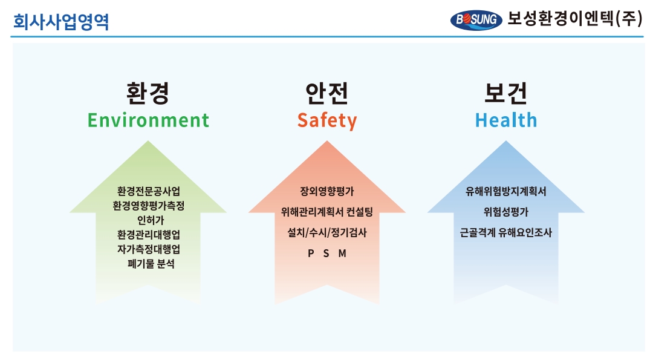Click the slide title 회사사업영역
[x=61, y=22]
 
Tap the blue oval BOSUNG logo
[x=476, y=20]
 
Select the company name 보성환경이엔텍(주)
[x=575, y=19]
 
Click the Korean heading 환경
[x=148, y=93]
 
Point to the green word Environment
[x=148, y=120]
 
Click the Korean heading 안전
[x=327, y=93]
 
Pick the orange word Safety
[x=327, y=121]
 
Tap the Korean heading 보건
[x=506, y=93]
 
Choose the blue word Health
[x=506, y=120]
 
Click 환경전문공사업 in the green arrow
[x=149, y=191]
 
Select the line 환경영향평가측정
[x=149, y=206]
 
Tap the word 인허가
[x=151, y=220]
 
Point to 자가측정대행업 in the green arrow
[x=149, y=249]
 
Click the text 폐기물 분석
[x=151, y=264]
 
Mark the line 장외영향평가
[x=327, y=191]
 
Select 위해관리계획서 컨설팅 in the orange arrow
[x=327, y=212]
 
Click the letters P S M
[x=327, y=254]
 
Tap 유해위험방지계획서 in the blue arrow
[x=506, y=191]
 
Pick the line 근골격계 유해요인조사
[x=506, y=232]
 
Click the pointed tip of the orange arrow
[x=327, y=141]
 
